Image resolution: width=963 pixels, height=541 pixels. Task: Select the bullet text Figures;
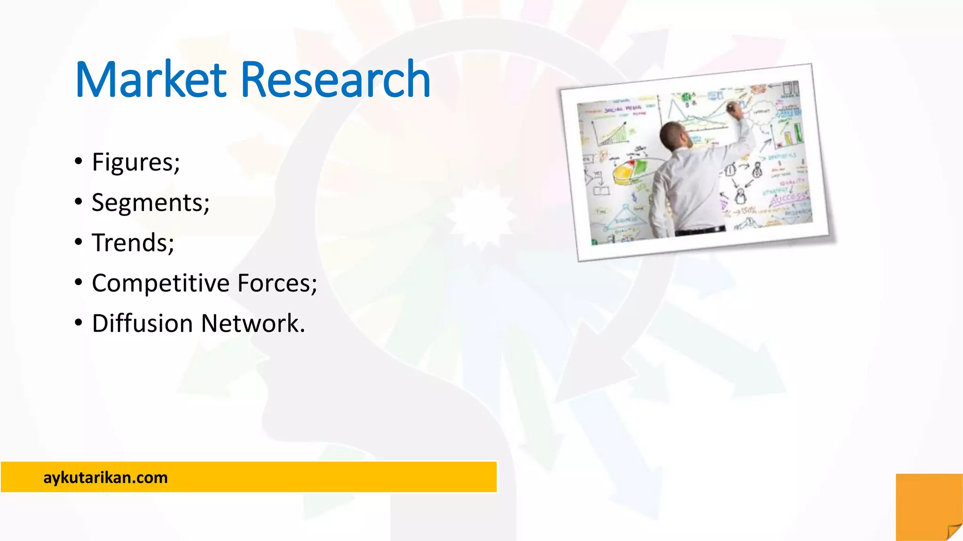[136, 162]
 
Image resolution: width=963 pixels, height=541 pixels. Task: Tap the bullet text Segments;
[150, 203]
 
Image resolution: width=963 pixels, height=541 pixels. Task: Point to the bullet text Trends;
[133, 243]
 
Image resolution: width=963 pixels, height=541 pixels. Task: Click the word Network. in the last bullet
[253, 324]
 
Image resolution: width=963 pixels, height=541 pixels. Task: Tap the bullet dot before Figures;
[79, 162]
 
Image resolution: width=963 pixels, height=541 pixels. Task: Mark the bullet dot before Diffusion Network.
[79, 323]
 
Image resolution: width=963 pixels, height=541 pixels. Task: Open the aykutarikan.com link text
[105, 478]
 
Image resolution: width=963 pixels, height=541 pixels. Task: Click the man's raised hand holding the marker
[734, 109]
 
